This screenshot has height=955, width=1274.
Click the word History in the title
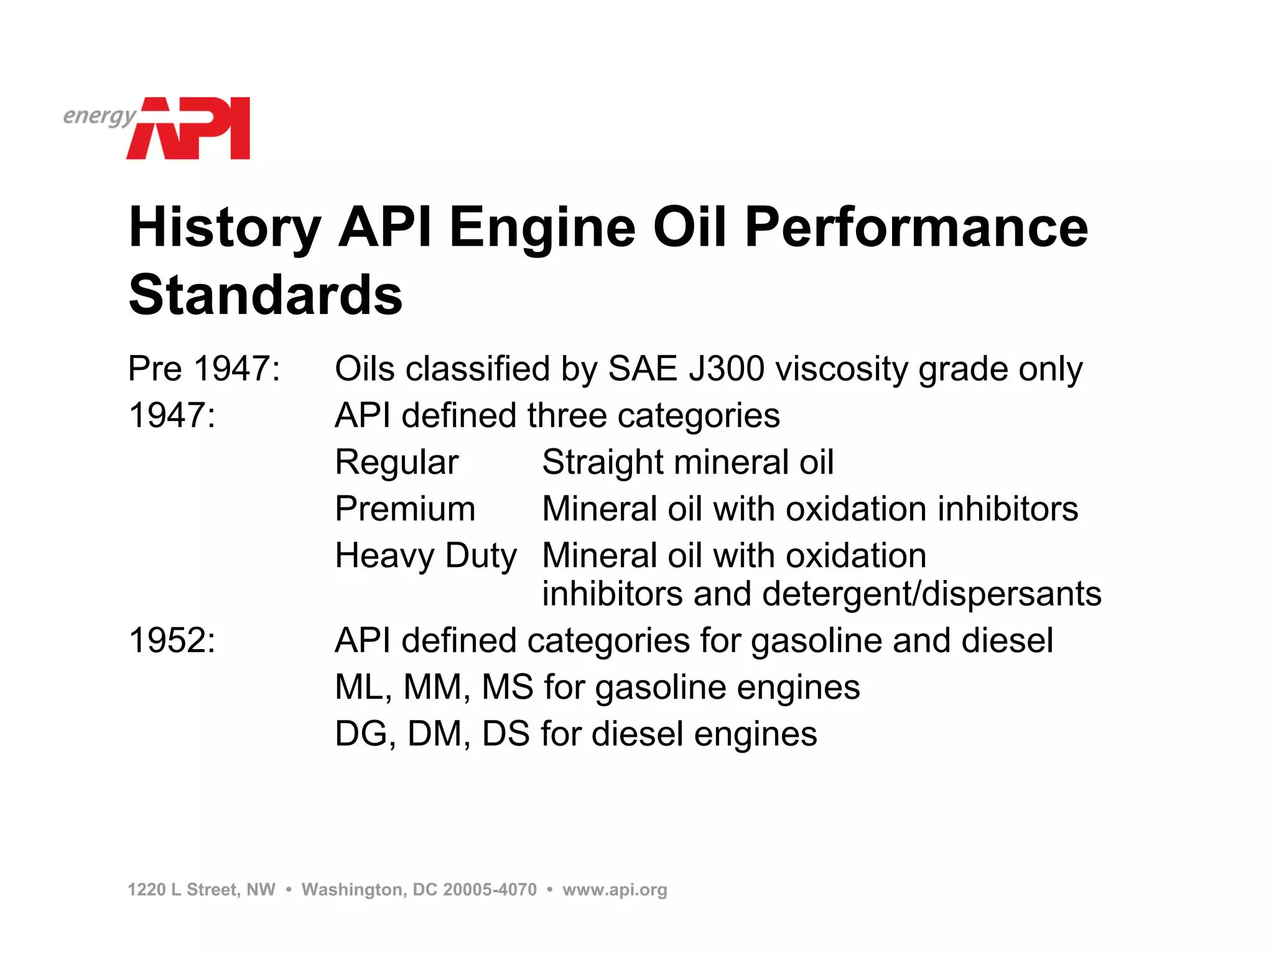225,228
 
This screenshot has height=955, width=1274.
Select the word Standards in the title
266,295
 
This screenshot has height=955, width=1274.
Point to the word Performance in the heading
916,228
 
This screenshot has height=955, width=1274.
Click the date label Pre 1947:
204,368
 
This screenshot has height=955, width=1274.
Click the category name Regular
396,462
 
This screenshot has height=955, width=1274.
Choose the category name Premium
405,509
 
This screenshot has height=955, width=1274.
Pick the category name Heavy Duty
425,555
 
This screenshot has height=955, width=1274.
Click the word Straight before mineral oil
602,462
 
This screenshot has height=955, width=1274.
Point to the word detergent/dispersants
931,594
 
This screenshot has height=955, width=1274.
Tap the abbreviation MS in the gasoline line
507,687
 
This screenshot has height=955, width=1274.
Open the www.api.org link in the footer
615,890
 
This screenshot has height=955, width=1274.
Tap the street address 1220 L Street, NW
202,890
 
